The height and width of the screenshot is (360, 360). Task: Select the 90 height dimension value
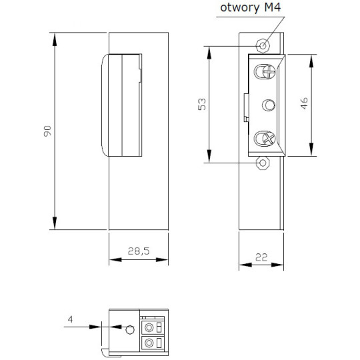click(47, 131)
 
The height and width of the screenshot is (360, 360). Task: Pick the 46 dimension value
click(303, 103)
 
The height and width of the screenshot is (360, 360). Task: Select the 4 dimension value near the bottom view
click(70, 320)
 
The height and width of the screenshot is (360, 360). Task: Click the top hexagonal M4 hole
click(263, 45)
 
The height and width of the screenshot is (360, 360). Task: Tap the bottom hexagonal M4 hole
click(263, 162)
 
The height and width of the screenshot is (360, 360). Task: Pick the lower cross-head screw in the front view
click(266, 139)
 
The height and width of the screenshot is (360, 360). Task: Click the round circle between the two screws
click(268, 105)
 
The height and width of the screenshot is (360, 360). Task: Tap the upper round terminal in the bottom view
click(148, 327)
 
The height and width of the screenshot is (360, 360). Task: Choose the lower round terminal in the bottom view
click(148, 343)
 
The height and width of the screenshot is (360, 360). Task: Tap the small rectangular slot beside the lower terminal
click(160, 343)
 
